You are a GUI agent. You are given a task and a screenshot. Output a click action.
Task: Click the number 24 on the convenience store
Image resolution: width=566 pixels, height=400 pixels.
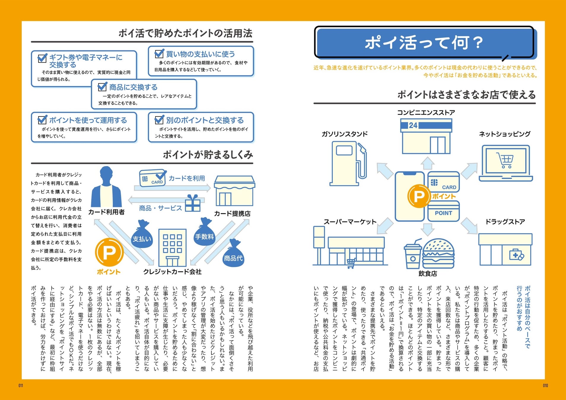[413, 125]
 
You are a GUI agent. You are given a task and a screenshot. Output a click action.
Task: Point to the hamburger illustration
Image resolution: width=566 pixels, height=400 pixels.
[438, 253]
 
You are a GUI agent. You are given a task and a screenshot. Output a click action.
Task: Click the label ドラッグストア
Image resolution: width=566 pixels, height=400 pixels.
[505, 222]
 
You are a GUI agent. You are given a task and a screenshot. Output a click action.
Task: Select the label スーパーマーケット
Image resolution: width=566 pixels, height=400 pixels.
[350, 222]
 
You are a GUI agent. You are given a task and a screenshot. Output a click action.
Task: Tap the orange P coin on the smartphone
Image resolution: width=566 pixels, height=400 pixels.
[419, 196]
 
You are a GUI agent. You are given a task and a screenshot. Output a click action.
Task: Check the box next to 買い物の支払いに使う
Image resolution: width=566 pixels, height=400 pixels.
[159, 54]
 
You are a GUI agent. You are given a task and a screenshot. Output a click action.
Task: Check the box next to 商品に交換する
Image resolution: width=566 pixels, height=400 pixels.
[102, 87]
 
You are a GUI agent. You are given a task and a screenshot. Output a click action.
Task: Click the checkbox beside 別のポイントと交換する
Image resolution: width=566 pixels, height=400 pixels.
[159, 120]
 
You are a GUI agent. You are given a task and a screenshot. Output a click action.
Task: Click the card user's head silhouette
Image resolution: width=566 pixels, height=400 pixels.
[106, 175]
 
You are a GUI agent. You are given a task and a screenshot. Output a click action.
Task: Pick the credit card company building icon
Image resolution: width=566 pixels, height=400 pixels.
[172, 248]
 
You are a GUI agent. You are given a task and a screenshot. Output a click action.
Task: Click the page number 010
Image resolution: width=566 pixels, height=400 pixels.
[545, 385]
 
